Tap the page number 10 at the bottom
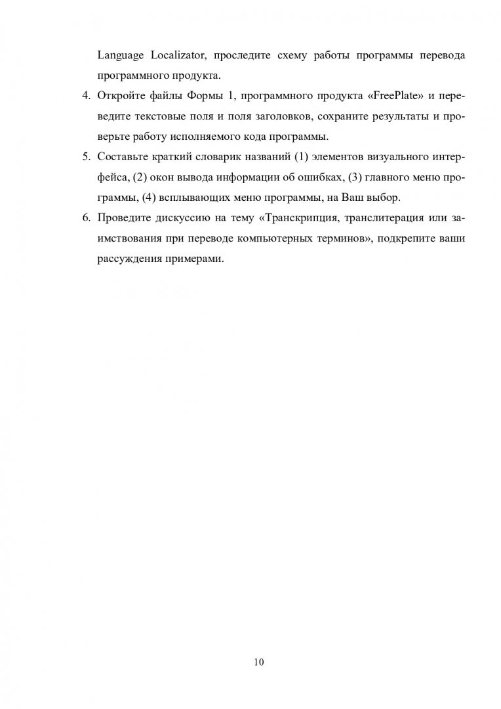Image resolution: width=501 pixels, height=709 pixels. pyautogui.click(x=258, y=662)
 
